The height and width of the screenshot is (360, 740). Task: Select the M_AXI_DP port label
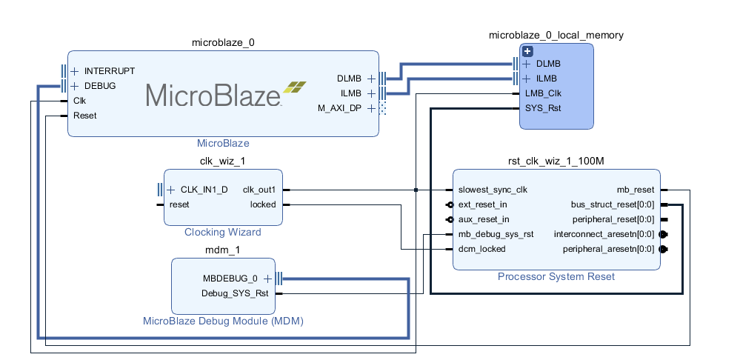point(340,109)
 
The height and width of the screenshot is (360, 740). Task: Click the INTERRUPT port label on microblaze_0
point(110,71)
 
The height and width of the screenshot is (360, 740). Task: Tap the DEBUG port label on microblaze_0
point(100,86)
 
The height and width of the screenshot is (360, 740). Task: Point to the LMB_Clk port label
point(543,93)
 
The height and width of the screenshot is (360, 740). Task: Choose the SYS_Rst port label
point(542,108)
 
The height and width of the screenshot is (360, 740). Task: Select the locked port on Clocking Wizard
point(263,204)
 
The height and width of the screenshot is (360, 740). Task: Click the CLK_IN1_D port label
point(204,190)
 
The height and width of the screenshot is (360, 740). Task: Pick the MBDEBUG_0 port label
point(230,279)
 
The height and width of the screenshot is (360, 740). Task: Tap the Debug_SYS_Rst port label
point(235,293)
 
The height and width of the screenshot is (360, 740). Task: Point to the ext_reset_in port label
point(483,204)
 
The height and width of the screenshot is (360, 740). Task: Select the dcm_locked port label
point(481,249)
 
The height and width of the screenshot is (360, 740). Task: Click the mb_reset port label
point(636,190)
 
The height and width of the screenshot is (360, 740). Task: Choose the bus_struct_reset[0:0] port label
point(613,204)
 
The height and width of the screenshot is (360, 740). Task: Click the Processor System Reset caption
point(556,277)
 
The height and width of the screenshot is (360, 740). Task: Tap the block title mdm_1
point(223,250)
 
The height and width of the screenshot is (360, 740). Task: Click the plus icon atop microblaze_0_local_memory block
point(527,51)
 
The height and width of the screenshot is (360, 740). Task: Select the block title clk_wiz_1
point(222,161)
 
